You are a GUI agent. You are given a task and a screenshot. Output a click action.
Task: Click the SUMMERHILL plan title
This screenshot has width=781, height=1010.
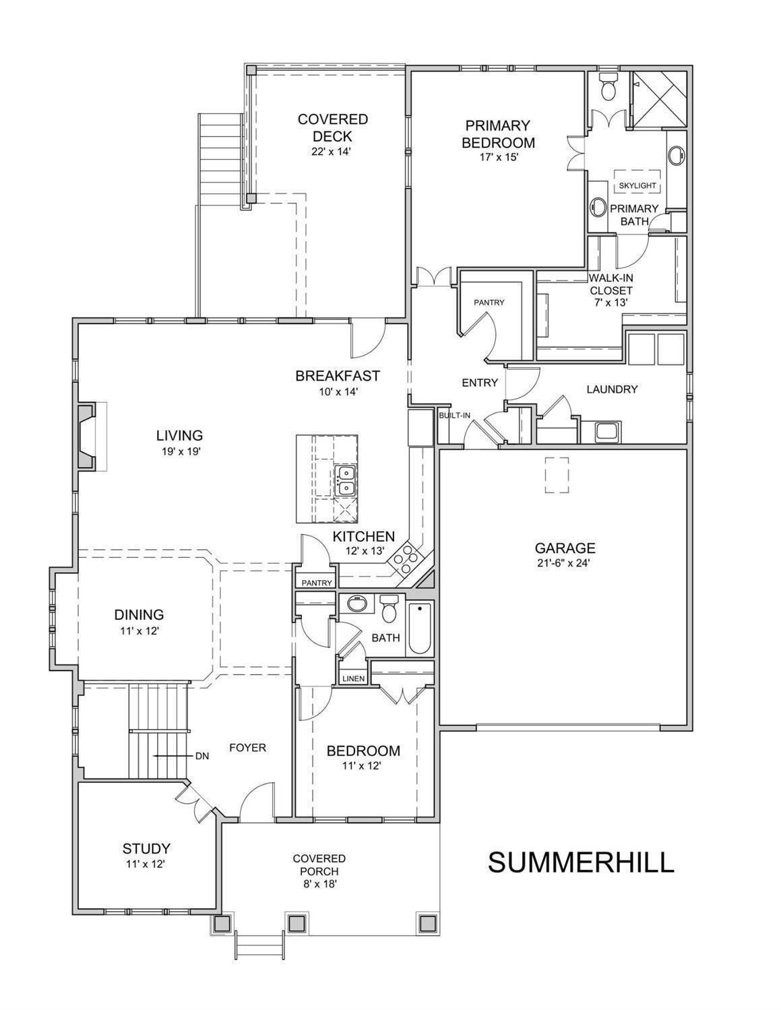click(581, 862)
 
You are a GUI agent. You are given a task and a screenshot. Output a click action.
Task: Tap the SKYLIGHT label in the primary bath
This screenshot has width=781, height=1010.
click(637, 185)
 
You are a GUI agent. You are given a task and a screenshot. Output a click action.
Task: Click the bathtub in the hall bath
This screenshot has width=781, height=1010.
click(420, 628)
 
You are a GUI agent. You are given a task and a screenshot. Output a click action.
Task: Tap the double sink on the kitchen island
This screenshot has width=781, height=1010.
click(346, 480)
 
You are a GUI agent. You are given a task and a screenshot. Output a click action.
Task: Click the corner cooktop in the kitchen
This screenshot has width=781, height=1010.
click(406, 558)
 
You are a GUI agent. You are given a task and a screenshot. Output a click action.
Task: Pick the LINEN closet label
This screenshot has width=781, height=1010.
click(353, 678)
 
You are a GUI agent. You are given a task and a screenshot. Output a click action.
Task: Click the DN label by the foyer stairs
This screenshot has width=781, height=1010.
click(201, 756)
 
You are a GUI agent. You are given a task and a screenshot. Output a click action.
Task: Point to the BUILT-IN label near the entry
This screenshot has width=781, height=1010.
click(454, 416)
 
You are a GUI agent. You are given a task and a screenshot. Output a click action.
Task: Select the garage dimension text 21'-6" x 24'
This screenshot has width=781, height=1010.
click(565, 565)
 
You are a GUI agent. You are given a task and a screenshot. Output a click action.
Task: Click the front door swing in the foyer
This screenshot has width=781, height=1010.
click(257, 800)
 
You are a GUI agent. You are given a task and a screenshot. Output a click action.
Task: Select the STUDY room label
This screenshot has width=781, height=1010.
click(146, 849)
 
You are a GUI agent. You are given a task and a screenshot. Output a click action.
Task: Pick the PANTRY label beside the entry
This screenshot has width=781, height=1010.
click(489, 303)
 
